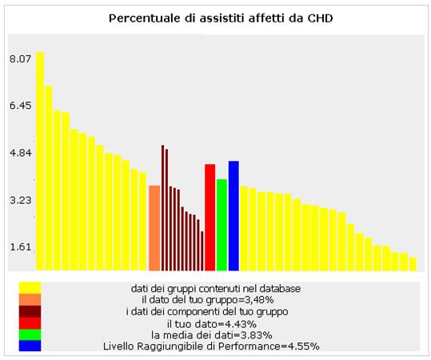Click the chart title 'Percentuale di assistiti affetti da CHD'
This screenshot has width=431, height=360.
coord(221,18)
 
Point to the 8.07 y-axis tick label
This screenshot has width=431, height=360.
coord(21,58)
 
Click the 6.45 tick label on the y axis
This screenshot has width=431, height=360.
coord(21,106)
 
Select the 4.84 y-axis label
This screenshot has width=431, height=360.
coord(21,153)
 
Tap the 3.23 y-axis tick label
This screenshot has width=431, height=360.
coord(21,200)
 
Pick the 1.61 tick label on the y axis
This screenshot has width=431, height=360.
coord(21,247)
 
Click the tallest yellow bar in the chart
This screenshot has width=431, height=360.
coord(40,161)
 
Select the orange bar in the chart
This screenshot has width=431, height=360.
coord(154,228)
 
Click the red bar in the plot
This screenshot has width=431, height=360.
coord(210,218)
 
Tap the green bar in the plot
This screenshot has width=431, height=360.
coord(221,225)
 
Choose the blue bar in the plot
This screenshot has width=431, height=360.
coord(233,216)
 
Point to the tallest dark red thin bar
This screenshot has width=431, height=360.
coord(163,208)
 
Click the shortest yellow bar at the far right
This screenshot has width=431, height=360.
coord(413,264)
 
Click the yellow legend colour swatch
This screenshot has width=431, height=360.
coord(30,288)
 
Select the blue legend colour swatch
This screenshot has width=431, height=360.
coord(30,346)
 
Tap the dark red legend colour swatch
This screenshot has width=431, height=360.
coord(30,311)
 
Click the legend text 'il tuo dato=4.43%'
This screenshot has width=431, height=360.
coord(212,324)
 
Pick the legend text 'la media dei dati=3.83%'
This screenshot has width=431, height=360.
coord(212,335)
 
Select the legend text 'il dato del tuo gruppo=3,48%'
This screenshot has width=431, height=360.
coord(208,299)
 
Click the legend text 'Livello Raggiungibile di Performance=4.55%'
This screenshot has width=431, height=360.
coord(211,346)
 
